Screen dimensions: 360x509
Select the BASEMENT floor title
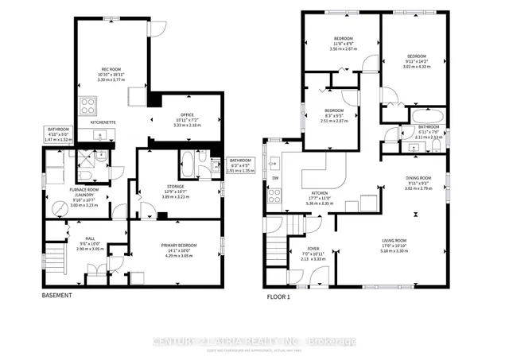[x=56, y=296]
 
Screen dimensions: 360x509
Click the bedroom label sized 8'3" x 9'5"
[x=334, y=110]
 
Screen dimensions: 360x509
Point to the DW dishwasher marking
[x=274, y=178]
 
